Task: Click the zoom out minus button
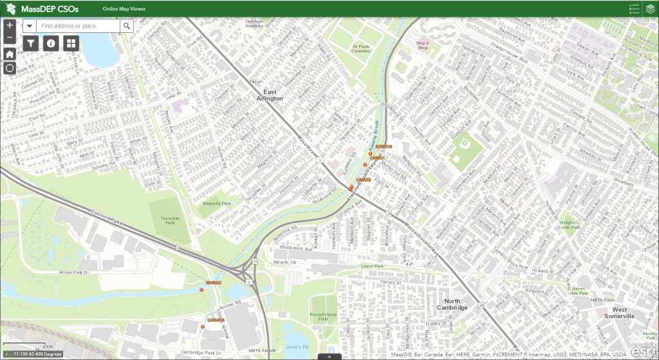pyautogui.click(x=10, y=38)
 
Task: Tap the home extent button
pyautogui.click(x=10, y=53)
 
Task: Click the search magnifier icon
pyautogui.click(x=127, y=26)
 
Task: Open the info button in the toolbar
pyautogui.click(x=51, y=43)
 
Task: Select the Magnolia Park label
pyautogui.click(x=216, y=204)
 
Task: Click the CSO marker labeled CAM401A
pyautogui.click(x=203, y=327)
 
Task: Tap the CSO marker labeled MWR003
pyautogui.click(x=202, y=290)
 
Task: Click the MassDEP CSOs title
pyautogui.click(x=51, y=8)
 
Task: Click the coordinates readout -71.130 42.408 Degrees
pyautogui.click(x=36, y=354)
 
